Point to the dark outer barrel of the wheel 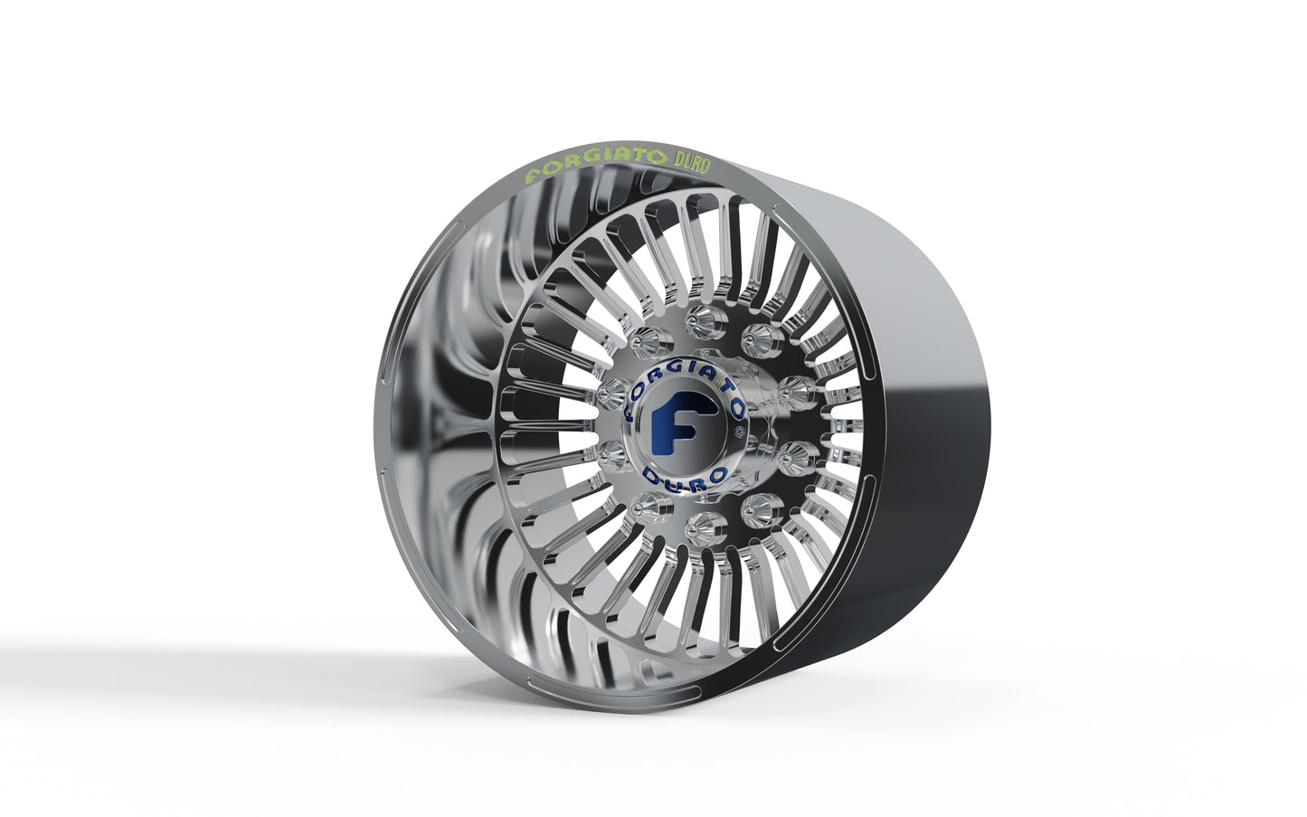[914, 452]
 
